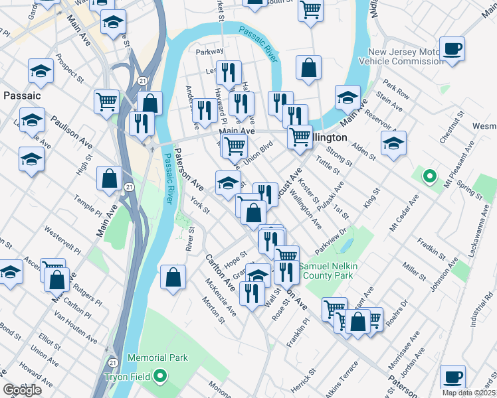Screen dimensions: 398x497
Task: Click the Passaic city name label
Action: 22,96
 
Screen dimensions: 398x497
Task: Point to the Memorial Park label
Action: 158,358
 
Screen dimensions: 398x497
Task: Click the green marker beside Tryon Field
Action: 159,377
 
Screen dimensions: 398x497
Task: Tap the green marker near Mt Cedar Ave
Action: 430,177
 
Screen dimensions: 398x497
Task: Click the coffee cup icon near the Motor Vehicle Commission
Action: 452,49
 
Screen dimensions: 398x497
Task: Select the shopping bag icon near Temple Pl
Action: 109,178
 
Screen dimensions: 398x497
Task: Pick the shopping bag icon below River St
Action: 173,279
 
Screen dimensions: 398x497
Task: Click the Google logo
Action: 22,390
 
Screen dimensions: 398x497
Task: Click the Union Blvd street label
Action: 258,153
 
